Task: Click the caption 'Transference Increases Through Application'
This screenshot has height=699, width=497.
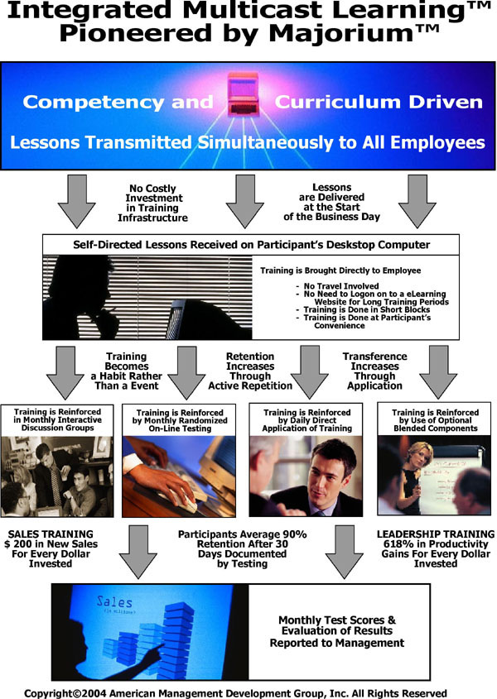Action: [x=374, y=371]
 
